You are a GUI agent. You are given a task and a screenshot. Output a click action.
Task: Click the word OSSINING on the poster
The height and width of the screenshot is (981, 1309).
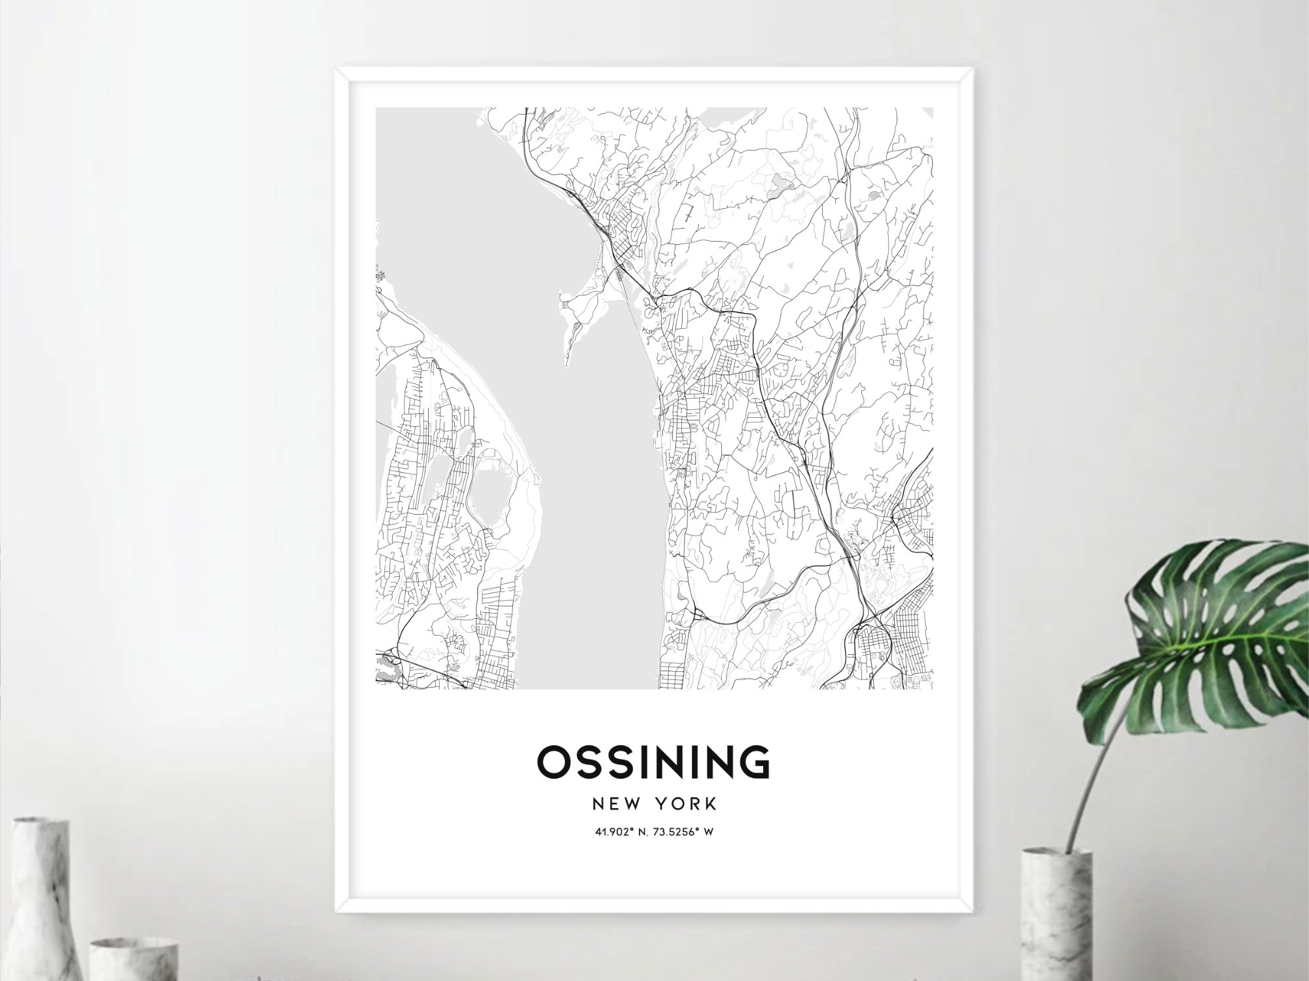point(653,762)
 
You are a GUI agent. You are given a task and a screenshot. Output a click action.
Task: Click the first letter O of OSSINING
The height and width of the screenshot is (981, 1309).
point(553,762)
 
